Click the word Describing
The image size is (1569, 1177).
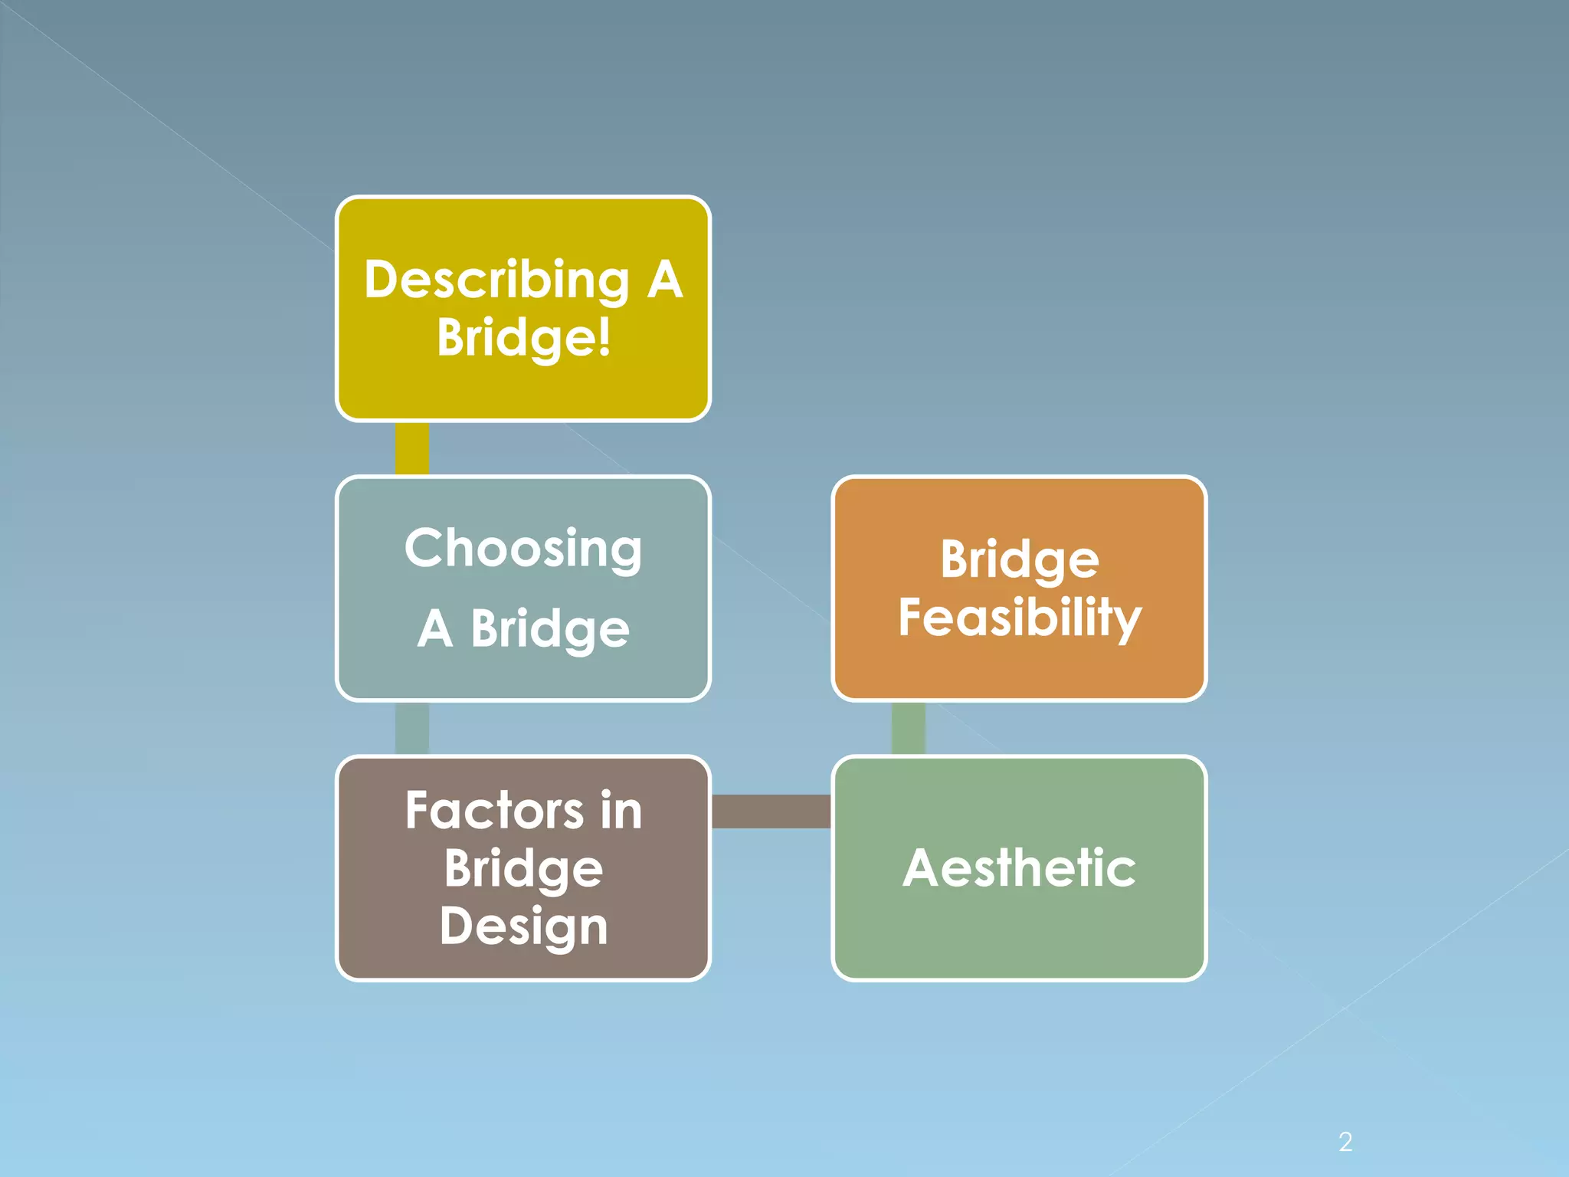pos(496,280)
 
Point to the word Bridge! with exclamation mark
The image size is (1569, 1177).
pos(524,337)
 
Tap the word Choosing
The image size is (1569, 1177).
pos(523,549)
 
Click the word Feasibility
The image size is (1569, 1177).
pos(1020,618)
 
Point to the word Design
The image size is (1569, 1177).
pos(524,926)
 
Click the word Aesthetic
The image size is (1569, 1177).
pos(1019,868)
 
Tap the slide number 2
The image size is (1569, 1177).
pos(1345,1143)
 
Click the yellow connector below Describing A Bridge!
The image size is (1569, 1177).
pos(411,448)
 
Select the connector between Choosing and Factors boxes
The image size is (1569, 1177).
pos(411,728)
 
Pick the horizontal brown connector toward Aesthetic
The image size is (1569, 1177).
pos(771,811)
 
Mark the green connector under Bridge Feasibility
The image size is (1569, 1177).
pos(908,728)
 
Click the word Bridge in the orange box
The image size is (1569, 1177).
pos(1020,560)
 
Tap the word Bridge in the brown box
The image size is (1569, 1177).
pos(524,869)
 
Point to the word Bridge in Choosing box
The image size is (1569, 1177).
pos(550,629)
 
